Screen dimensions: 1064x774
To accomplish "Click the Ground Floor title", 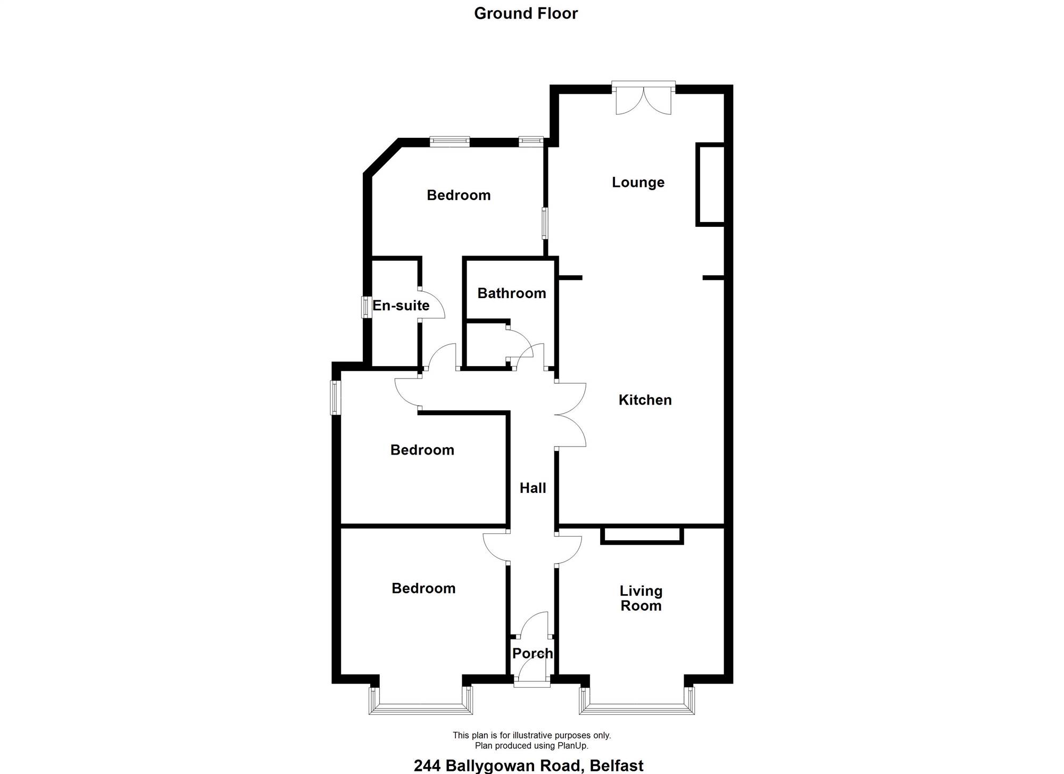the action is pos(526,13).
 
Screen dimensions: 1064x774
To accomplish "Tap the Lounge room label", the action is pos(638,183).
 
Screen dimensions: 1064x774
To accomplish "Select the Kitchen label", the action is pos(645,400).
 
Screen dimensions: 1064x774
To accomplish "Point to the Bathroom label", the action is pos(512,293).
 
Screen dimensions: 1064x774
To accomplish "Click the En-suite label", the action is pos(401,306).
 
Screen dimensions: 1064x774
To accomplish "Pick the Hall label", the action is pos(533,488).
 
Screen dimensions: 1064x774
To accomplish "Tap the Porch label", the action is pos(533,653).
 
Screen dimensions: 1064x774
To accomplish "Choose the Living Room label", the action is pos(641,598).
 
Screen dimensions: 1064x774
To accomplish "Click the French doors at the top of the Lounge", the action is pos(643,98).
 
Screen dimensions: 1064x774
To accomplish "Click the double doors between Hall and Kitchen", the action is pos(570,414).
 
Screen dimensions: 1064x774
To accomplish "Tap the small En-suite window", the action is pos(366,307).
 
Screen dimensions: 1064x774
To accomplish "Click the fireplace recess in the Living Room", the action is pos(642,536).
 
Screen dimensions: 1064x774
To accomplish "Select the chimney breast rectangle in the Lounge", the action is pos(710,184).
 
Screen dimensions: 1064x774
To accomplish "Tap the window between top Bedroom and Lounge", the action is pos(545,223).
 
